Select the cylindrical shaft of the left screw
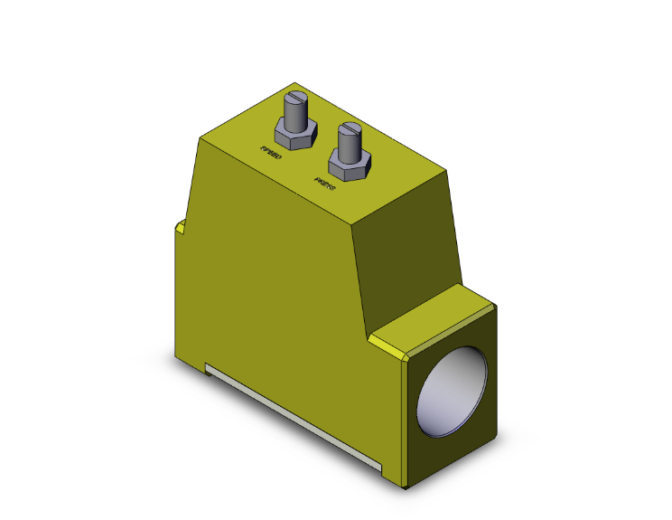click(296, 114)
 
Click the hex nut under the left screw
click(296, 136)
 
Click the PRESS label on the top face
click(323, 184)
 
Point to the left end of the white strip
click(208, 367)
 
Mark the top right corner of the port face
click(496, 307)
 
